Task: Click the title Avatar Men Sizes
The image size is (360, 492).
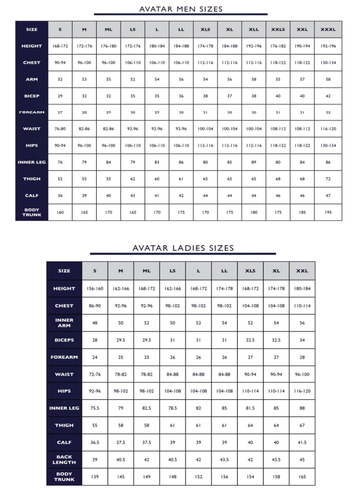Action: [181, 8]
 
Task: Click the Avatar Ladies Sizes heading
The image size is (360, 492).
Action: [183, 248]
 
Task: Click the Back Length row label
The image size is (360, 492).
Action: [64, 460]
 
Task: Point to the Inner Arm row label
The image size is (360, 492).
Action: [64, 323]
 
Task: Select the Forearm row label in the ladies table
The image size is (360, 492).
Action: [64, 357]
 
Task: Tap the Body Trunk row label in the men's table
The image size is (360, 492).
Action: [32, 212]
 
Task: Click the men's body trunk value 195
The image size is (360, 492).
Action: [328, 212]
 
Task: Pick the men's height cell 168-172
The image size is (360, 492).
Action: [60, 46]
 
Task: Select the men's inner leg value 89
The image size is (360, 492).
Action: [253, 162]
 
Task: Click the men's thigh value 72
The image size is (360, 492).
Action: [328, 179]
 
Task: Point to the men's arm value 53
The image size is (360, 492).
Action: [84, 79]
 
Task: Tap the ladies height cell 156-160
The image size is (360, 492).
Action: [94, 289]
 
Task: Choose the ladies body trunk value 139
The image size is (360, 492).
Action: [94, 477]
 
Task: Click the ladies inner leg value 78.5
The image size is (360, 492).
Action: [173, 409]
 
